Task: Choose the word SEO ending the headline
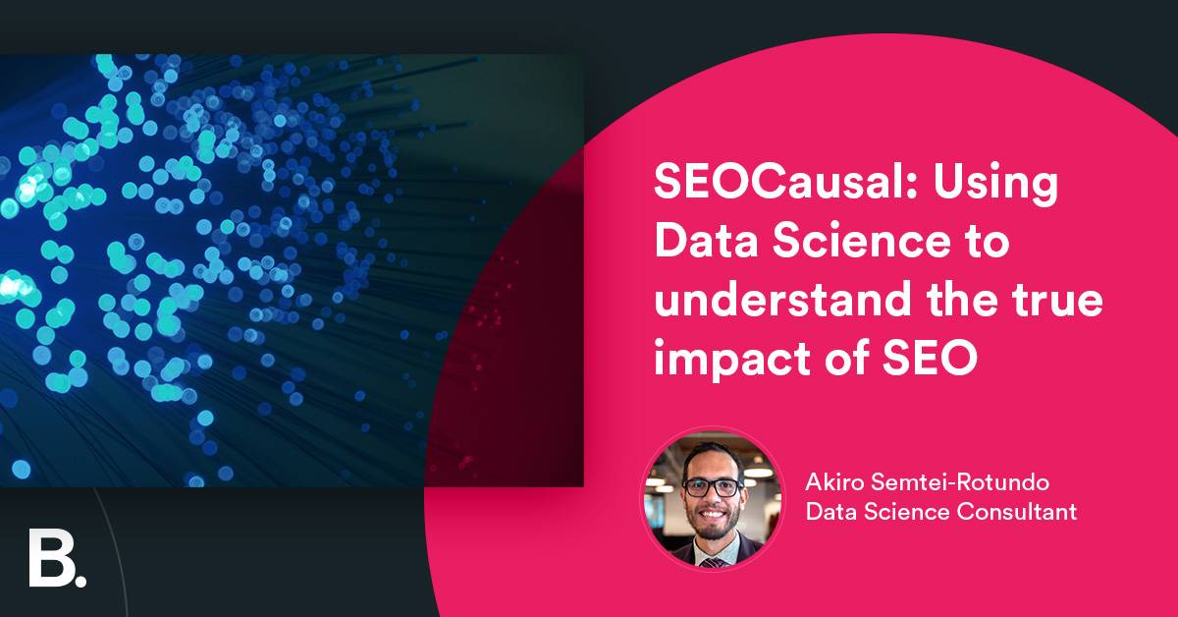(x=929, y=359)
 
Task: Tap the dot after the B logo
(x=80, y=580)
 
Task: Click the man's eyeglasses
(x=713, y=486)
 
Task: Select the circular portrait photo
(x=713, y=500)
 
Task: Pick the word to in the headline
(x=985, y=243)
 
